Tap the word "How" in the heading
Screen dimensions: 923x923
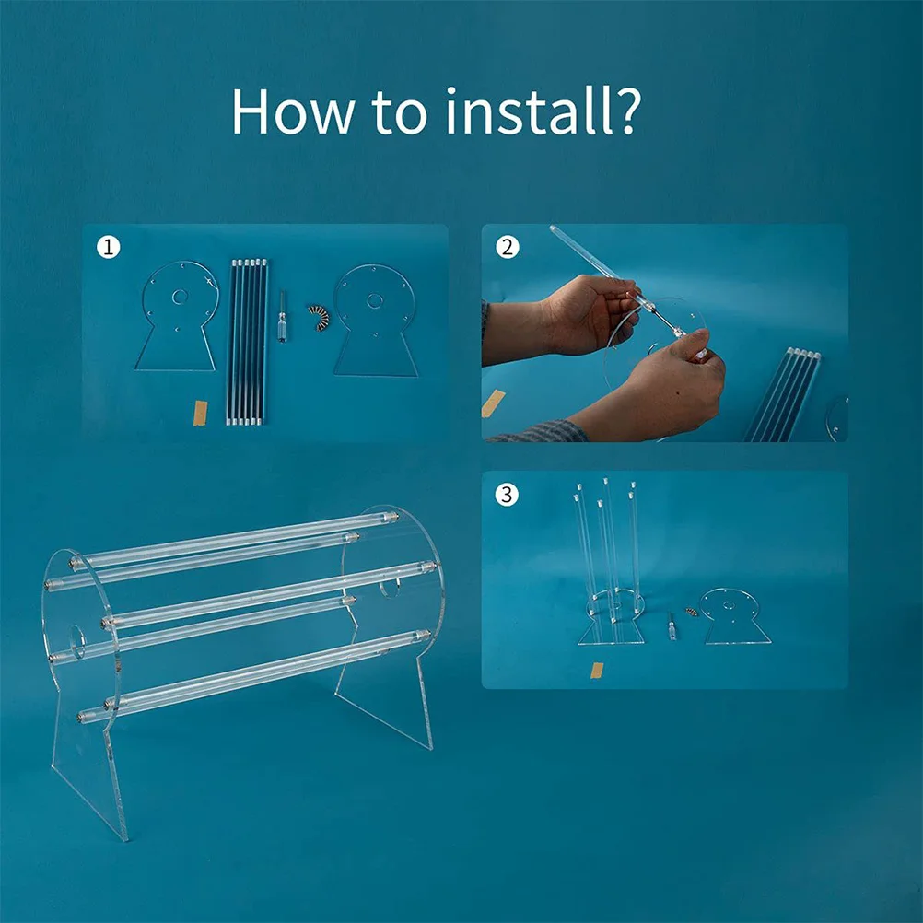[293, 111]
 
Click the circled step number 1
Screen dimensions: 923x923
[109, 247]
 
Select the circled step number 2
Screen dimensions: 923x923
[508, 247]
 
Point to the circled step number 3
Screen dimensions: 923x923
[508, 494]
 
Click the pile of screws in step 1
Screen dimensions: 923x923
[320, 317]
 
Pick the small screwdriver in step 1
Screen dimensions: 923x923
[283, 316]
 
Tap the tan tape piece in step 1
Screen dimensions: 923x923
[200, 412]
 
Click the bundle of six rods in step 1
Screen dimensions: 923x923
[247, 342]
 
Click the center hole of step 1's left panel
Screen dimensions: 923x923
[180, 298]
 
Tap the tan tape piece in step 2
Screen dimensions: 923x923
[493, 403]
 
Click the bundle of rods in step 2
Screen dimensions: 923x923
[783, 394]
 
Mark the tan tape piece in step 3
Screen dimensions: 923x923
[597, 671]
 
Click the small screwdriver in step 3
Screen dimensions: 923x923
[671, 626]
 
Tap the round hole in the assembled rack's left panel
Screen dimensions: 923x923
[77, 642]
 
